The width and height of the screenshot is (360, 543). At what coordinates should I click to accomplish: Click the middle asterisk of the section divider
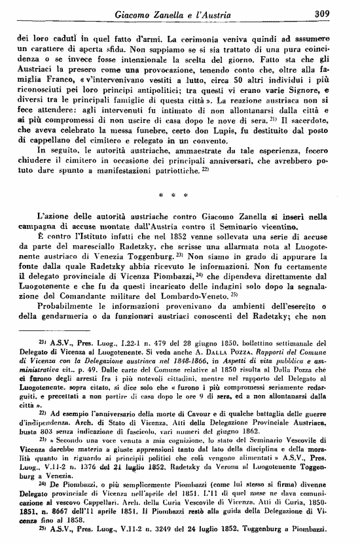[x=179, y=213]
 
